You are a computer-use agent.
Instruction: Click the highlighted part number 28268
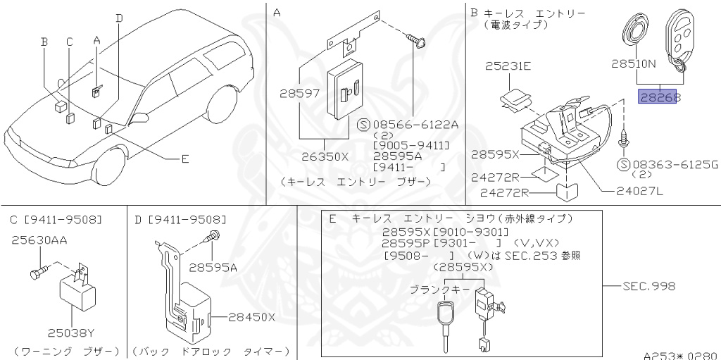click(659, 97)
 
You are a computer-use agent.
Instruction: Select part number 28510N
click(633, 63)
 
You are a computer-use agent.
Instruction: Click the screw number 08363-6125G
click(672, 165)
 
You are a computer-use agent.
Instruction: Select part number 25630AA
click(39, 240)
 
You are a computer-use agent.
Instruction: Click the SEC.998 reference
click(648, 286)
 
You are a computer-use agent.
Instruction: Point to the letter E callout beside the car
click(184, 159)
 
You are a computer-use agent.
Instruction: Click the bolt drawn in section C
click(38, 271)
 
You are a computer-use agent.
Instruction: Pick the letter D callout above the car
click(119, 17)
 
